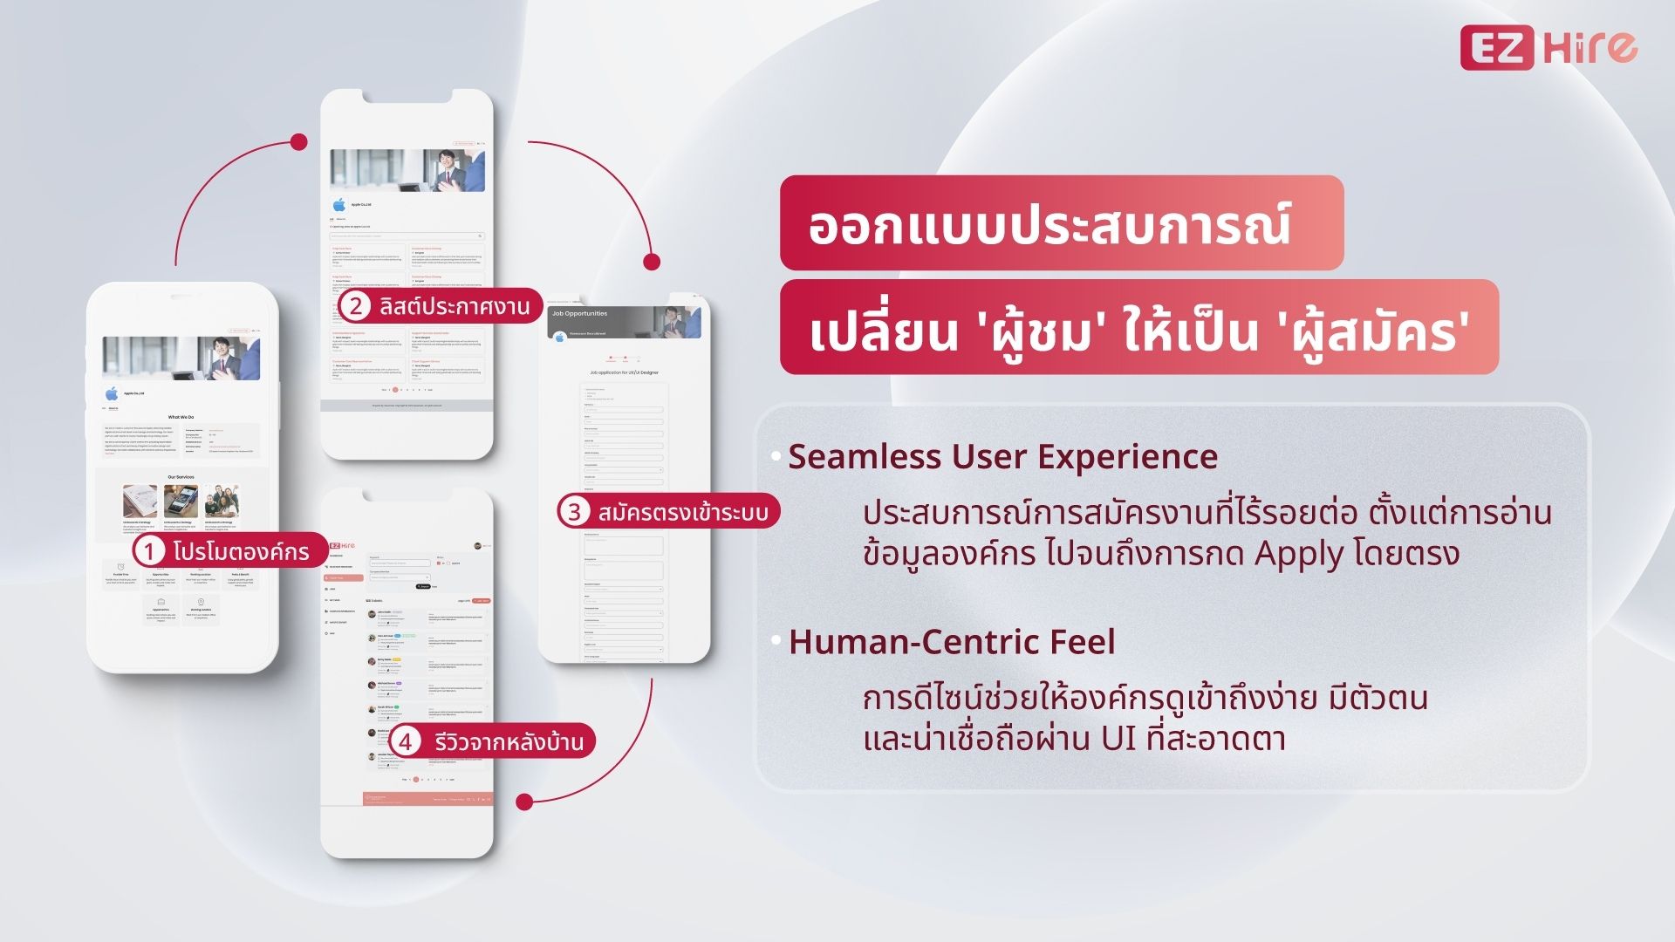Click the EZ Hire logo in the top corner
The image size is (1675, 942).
1549,48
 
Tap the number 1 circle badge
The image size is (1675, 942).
149,551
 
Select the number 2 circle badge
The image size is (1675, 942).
355,306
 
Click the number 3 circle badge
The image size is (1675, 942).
574,511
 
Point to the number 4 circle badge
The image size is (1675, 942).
406,742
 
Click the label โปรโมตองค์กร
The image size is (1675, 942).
241,552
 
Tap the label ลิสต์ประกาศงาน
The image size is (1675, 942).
455,306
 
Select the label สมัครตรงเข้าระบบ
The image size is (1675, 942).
683,512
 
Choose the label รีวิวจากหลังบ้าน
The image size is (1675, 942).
509,742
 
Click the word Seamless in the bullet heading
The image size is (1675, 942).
864,457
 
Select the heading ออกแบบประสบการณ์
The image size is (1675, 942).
1049,224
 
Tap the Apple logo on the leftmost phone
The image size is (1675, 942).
111,393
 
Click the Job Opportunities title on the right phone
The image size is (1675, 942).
579,313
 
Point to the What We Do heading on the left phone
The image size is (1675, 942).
181,417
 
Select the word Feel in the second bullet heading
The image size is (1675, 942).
1082,642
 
